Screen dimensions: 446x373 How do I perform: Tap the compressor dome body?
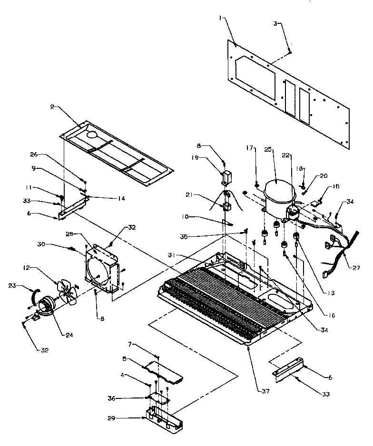(x=276, y=195)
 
